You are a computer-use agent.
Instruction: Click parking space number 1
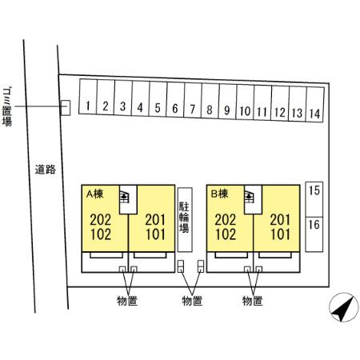[x=88, y=97]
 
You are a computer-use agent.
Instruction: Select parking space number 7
[x=193, y=100]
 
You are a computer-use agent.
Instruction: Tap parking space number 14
[x=315, y=104]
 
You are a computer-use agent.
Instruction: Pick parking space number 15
[x=314, y=199]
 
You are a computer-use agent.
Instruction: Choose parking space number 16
[x=314, y=234]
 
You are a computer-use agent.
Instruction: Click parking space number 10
[x=245, y=102]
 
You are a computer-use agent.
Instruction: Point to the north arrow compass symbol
[x=344, y=307]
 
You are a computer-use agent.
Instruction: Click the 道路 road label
[x=46, y=170]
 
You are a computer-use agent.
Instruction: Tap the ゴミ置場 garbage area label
[x=7, y=106]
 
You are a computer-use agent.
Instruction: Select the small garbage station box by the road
[x=66, y=108]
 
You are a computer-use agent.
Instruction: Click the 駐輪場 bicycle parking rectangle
[x=185, y=220]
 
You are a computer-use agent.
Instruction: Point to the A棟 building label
[x=94, y=194]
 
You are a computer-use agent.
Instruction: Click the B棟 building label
[x=219, y=194]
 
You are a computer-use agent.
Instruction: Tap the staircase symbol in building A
[x=124, y=198]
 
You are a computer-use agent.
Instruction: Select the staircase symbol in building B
[x=249, y=198]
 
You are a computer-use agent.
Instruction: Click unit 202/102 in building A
[x=101, y=227]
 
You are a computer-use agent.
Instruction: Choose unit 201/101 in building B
[x=280, y=227]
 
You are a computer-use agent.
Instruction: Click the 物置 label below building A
[x=127, y=301]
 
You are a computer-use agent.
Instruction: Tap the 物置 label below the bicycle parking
[x=192, y=301]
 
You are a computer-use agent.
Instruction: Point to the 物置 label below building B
[x=253, y=301]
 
